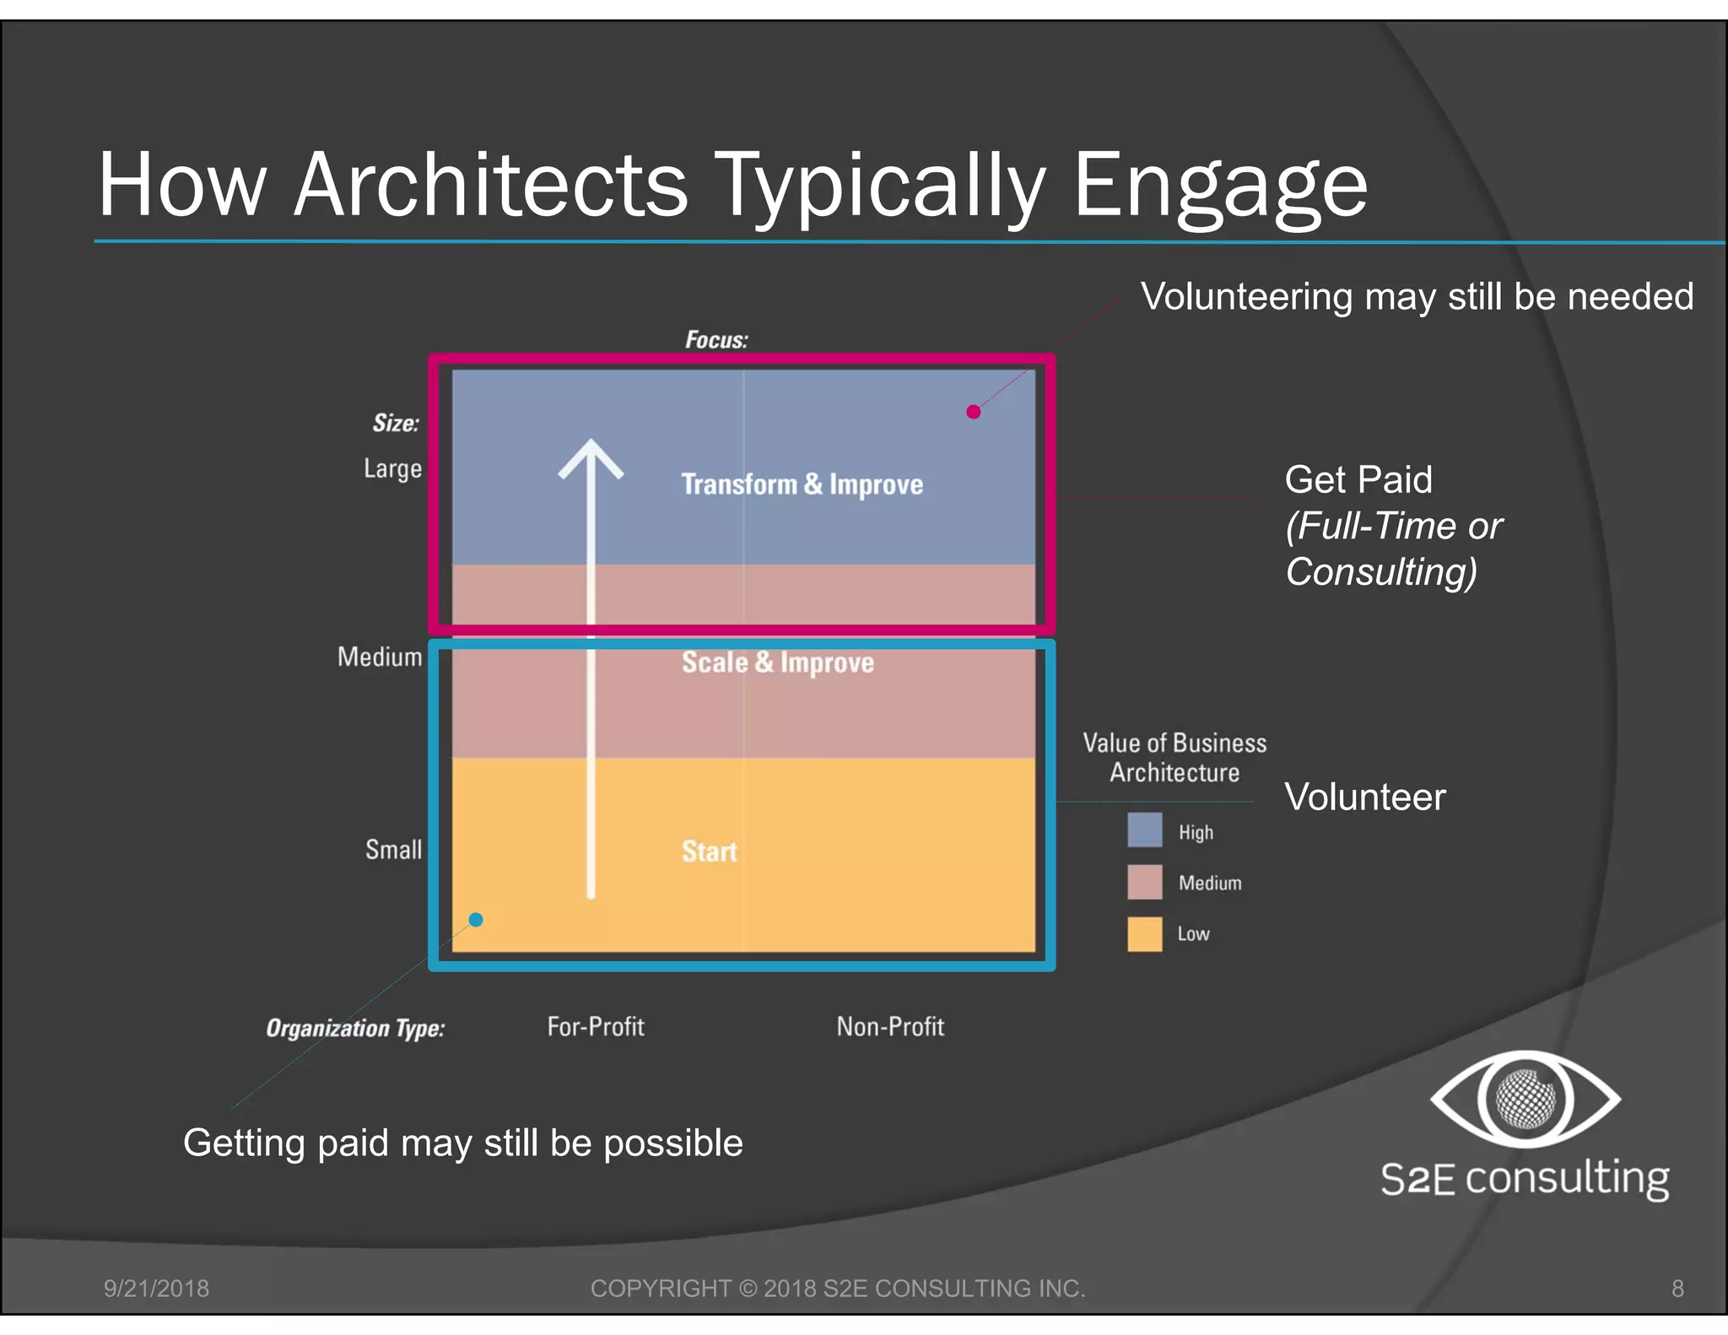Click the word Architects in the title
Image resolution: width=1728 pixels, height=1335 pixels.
(490, 185)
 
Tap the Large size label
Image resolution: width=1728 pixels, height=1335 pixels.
(392, 468)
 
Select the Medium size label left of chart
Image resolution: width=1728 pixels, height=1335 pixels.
(380, 657)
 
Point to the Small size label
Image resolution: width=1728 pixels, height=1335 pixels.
(393, 850)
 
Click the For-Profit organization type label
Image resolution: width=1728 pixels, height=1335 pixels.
(596, 1027)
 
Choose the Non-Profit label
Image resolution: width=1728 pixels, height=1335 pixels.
(890, 1027)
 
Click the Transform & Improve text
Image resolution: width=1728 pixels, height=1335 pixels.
(802, 484)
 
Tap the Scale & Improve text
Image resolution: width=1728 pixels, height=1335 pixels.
(777, 662)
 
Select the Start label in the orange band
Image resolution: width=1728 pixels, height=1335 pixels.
(709, 851)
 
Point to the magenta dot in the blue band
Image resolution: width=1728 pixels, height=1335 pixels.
(974, 412)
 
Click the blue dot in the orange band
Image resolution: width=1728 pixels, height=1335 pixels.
(476, 920)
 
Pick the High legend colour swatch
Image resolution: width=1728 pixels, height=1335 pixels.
(1144, 830)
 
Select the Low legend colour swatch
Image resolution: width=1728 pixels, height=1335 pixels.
(1144, 934)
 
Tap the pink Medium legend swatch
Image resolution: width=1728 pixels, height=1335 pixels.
(1144, 882)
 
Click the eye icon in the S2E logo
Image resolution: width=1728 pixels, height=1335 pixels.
(1525, 1099)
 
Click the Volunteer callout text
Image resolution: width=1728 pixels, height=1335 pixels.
(1364, 797)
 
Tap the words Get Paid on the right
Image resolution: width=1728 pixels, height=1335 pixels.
(1358, 480)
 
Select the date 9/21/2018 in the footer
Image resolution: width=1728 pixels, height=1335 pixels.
(156, 1289)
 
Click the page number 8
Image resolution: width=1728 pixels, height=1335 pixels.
(1677, 1289)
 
